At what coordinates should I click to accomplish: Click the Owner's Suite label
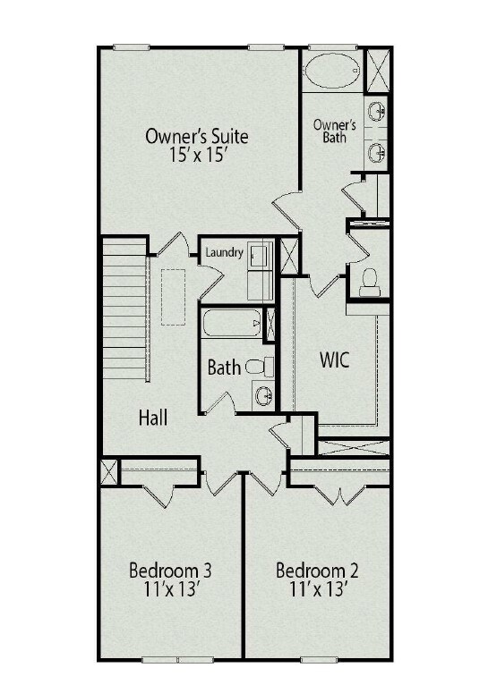197,136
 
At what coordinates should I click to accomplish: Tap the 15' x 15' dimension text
199,155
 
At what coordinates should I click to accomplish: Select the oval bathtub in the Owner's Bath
331,70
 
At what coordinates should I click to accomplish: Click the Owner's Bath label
335,131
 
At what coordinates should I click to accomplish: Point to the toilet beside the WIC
370,283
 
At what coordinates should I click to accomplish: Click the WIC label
335,360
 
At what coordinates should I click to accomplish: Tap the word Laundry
225,252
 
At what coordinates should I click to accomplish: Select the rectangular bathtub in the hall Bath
232,323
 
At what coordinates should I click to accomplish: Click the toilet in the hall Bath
260,366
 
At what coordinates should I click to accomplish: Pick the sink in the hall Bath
264,396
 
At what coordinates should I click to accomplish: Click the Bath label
224,368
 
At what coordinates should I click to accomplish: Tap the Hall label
153,418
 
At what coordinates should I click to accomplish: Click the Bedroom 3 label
170,571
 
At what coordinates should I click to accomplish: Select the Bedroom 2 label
318,571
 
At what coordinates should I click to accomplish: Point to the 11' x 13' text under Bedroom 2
319,590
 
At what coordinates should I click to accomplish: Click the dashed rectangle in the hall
173,297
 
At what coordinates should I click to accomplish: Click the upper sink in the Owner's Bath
376,112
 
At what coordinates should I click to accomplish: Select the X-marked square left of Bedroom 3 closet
109,472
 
